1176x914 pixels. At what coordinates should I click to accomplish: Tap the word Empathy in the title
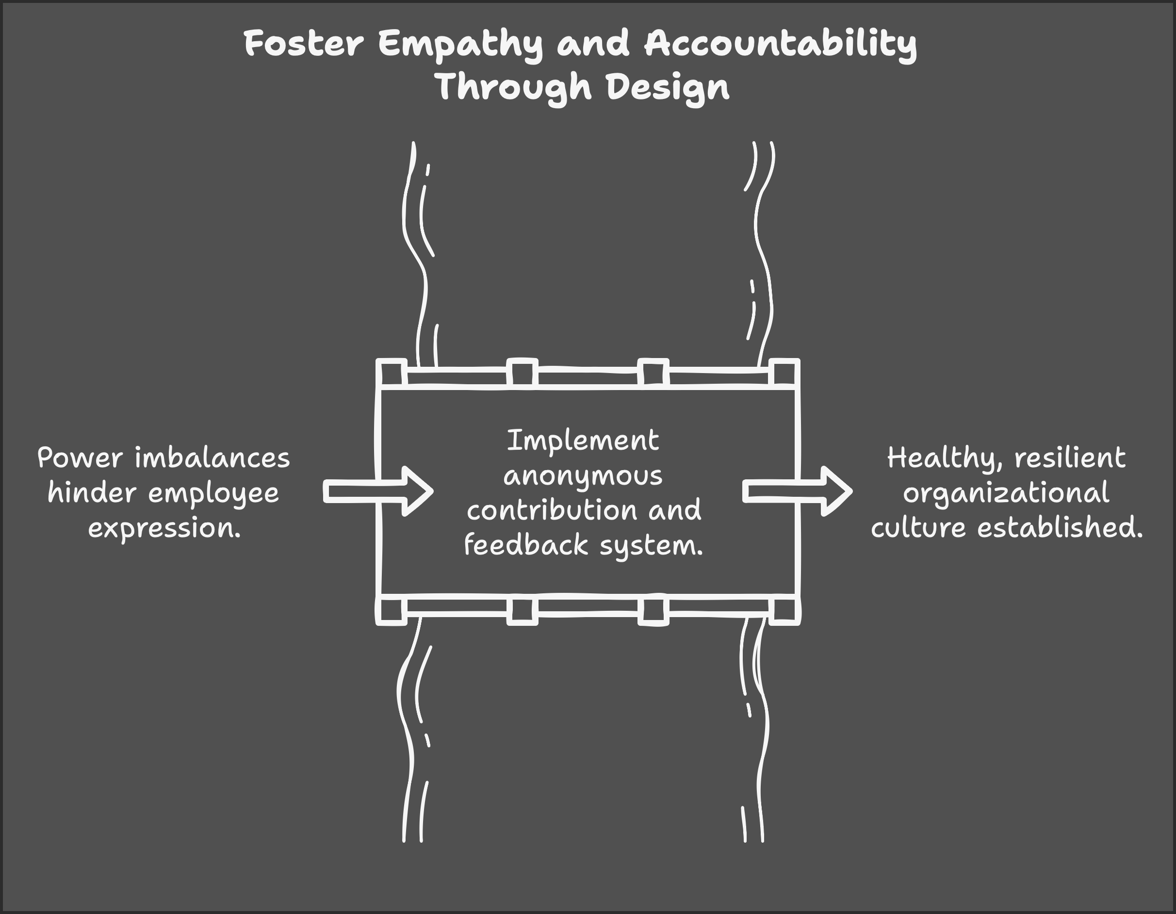pyautogui.click(x=460, y=44)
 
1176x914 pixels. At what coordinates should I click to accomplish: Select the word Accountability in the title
pyautogui.click(x=780, y=44)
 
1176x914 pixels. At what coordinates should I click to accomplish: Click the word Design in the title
pyautogui.click(x=668, y=88)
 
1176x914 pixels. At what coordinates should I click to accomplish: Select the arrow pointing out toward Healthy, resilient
pyautogui.click(x=797, y=491)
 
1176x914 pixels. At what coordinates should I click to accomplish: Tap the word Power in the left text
pyautogui.click(x=80, y=458)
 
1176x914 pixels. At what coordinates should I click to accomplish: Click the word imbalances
pyautogui.click(x=212, y=458)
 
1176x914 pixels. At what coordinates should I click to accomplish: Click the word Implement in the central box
pyautogui.click(x=583, y=441)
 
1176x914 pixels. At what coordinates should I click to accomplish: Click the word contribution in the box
pyautogui.click(x=552, y=510)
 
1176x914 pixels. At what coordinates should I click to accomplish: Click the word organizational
pyautogui.click(x=1006, y=493)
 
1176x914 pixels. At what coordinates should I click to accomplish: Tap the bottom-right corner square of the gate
pyautogui.click(x=784, y=611)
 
